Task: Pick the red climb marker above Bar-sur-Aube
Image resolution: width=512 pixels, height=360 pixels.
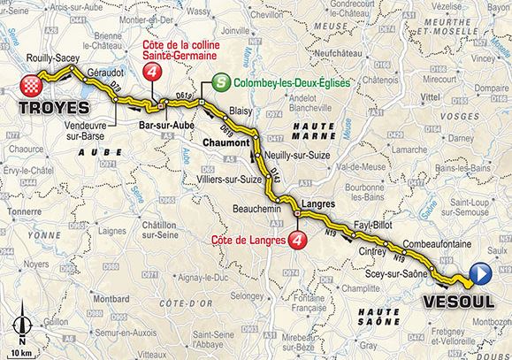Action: pos(155,76)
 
